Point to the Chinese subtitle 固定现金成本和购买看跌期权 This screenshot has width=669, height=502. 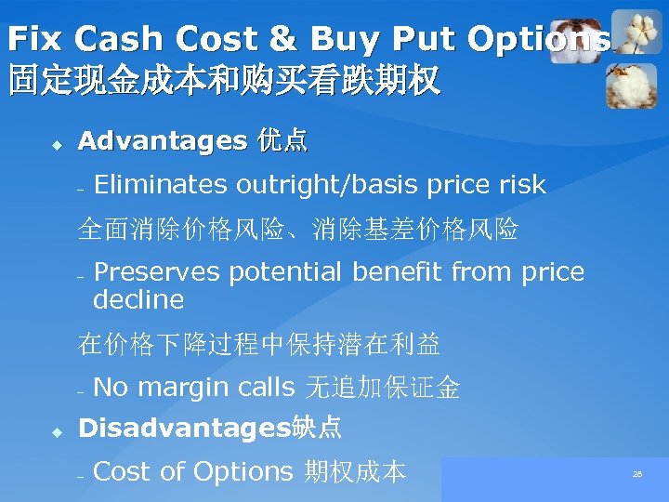pos(223,81)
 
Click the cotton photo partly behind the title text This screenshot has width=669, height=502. pos(576,42)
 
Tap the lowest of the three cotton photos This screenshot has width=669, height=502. pos(632,86)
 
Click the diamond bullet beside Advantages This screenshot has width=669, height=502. pos(56,145)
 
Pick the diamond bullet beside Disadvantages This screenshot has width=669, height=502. pos(56,431)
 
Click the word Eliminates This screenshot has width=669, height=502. pos(161,185)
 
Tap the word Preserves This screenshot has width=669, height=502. pos(157,272)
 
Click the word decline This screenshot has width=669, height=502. pos(138,300)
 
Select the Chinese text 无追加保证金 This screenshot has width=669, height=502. pos(382,388)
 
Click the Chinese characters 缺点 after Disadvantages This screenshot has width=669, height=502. pos(317,428)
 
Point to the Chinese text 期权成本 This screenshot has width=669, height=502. pos(355,472)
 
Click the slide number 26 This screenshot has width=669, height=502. pos(637,474)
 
